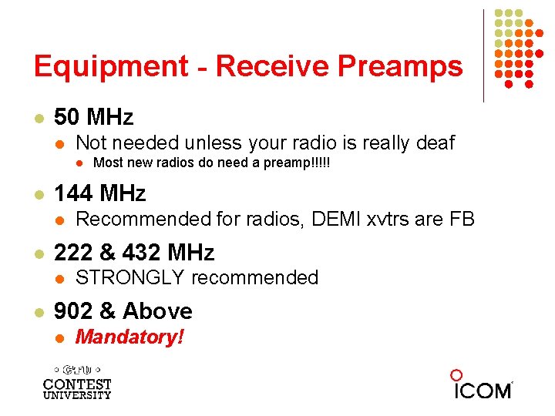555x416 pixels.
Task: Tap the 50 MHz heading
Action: [x=93, y=117]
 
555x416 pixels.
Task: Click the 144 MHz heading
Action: [x=99, y=193]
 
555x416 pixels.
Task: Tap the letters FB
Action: [x=461, y=220]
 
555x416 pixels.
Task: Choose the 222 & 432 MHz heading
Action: [x=134, y=252]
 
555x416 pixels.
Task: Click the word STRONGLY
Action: [x=131, y=277]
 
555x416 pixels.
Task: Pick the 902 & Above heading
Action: [x=123, y=310]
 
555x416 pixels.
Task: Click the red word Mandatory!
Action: [x=129, y=337]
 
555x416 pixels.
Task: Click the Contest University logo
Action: [x=77, y=381]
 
